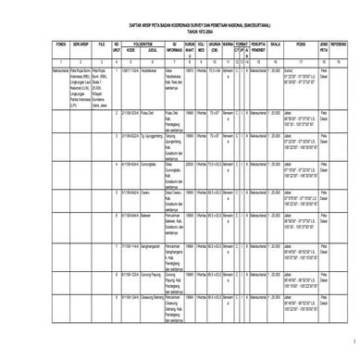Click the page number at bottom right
pos(353,341)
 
